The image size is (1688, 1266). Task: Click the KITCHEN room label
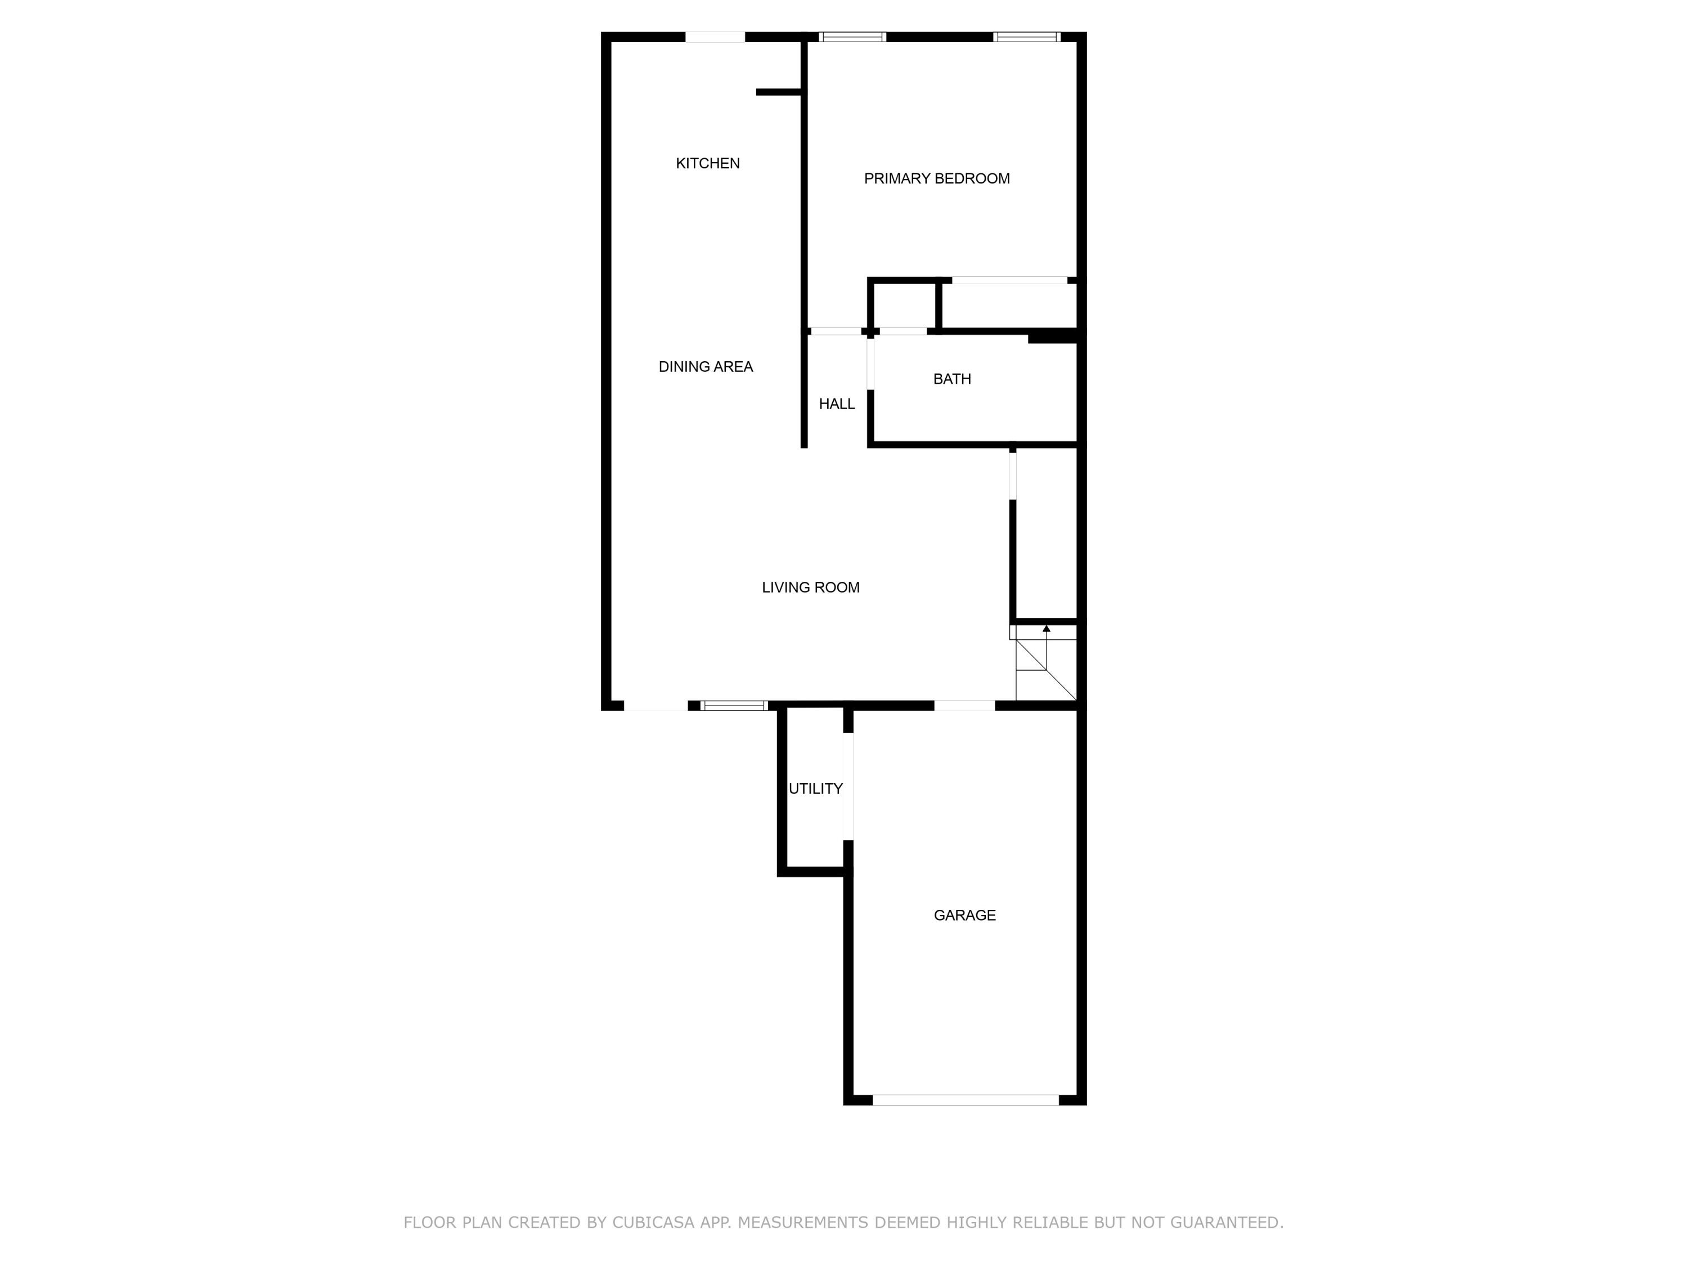click(707, 163)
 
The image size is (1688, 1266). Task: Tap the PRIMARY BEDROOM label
click(936, 178)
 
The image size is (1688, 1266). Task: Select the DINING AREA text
click(705, 367)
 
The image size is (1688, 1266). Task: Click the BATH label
click(951, 379)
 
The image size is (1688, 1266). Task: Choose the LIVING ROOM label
click(810, 587)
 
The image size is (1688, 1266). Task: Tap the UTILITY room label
click(815, 789)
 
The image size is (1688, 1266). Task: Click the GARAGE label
click(964, 915)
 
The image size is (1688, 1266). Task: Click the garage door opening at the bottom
click(966, 1099)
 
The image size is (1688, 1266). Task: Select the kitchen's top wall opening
click(714, 37)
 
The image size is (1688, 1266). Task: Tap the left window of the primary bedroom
click(852, 37)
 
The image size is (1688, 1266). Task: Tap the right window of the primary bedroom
click(1026, 37)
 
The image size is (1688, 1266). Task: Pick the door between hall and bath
click(870, 364)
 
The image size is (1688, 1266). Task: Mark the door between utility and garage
click(848, 786)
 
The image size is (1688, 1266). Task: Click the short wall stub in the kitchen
click(778, 92)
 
